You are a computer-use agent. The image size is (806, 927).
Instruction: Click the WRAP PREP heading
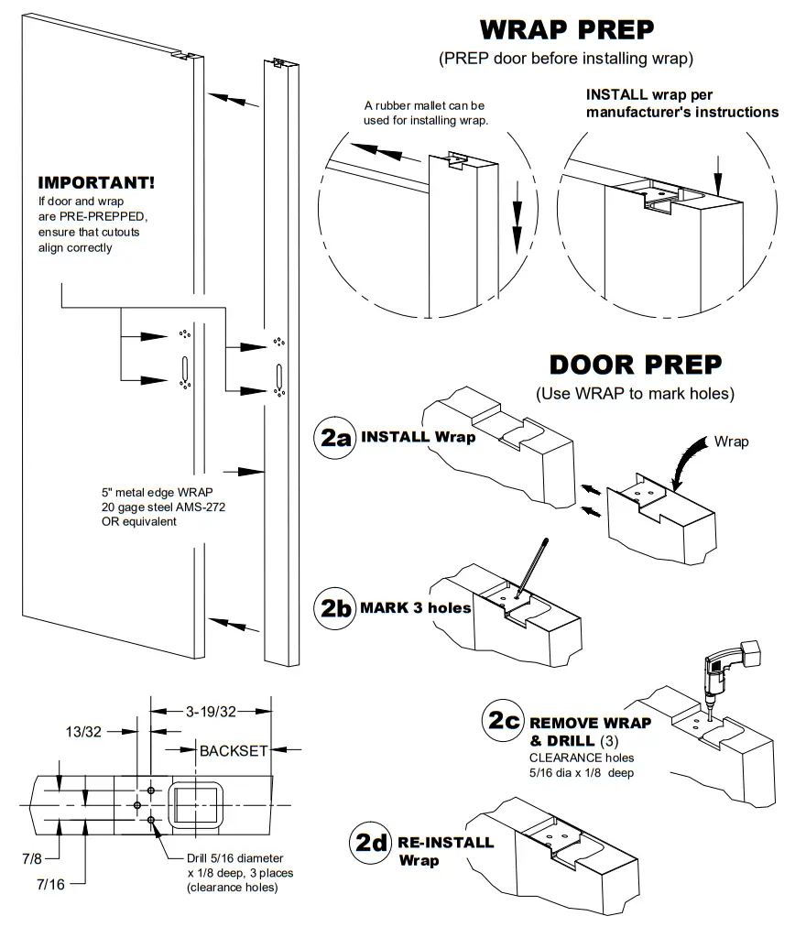pyautogui.click(x=567, y=29)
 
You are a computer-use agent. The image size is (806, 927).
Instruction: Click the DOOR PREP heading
pyautogui.click(x=635, y=365)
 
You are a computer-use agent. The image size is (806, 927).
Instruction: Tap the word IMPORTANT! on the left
pyautogui.click(x=96, y=182)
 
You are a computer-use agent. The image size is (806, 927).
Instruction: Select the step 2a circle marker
pyautogui.click(x=333, y=437)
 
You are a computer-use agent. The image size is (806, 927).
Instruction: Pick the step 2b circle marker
pyautogui.click(x=334, y=607)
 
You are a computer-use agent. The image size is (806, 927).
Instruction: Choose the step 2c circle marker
pyautogui.click(x=504, y=721)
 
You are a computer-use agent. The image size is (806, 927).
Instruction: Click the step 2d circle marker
pyautogui.click(x=372, y=842)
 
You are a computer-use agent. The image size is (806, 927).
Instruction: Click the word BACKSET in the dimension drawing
pyautogui.click(x=234, y=750)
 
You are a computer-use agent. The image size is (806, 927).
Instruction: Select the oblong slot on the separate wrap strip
pyautogui.click(x=278, y=377)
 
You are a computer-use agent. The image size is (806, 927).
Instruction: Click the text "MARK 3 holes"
pyautogui.click(x=416, y=607)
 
